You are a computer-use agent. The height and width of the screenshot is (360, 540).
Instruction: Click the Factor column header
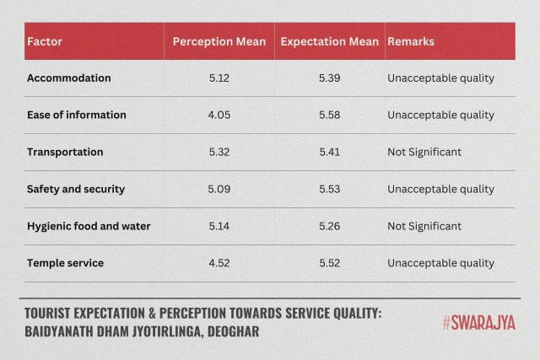click(45, 41)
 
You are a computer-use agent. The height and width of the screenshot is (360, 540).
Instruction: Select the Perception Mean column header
click(219, 41)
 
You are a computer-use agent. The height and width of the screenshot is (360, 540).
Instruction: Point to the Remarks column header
click(409, 41)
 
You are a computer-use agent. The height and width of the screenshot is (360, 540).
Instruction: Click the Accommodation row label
click(69, 78)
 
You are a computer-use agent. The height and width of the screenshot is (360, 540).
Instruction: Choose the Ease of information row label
click(77, 115)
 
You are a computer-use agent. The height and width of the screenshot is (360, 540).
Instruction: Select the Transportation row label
click(65, 152)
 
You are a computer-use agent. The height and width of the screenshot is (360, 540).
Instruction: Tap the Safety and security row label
click(76, 189)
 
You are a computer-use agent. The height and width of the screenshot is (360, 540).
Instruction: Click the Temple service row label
click(65, 263)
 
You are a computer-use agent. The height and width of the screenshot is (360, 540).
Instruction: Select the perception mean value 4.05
click(219, 115)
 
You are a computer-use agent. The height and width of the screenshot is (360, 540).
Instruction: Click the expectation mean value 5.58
click(329, 115)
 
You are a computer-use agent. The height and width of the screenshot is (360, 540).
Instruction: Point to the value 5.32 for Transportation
click(219, 152)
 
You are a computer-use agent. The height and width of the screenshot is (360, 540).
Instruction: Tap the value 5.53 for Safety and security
click(329, 189)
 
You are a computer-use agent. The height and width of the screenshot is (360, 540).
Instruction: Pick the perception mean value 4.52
click(219, 263)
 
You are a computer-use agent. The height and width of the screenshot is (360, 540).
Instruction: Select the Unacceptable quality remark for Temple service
click(440, 263)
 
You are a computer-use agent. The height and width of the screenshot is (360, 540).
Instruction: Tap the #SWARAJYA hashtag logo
click(478, 322)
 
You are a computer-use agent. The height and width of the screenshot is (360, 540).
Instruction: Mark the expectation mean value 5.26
click(329, 226)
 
